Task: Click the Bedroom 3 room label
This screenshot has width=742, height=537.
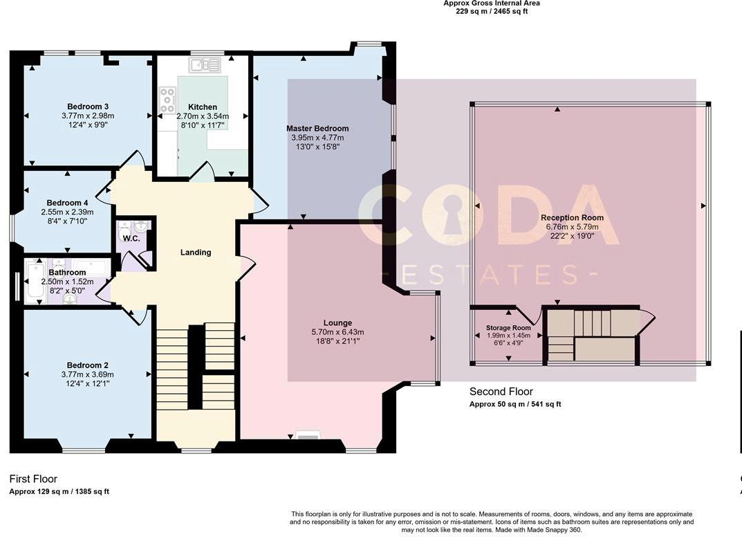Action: (87, 107)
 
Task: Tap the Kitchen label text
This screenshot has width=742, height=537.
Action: (203, 107)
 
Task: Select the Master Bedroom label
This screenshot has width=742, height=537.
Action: (317, 129)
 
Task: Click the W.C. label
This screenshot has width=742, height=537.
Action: (131, 239)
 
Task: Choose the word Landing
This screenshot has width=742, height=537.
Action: (196, 253)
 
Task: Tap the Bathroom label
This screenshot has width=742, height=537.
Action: (67, 273)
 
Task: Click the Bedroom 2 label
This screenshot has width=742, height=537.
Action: (87, 365)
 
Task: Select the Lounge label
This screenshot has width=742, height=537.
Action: (337, 323)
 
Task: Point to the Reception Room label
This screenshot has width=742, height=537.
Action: (572, 218)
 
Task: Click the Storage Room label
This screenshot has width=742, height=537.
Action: (508, 328)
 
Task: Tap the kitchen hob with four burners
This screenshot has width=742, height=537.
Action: (167, 100)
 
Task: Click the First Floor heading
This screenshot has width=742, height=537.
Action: (33, 479)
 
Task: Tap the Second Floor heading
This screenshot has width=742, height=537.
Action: (501, 392)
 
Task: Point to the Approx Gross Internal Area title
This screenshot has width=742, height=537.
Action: (492, 3)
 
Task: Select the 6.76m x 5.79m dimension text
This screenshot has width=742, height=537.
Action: (572, 226)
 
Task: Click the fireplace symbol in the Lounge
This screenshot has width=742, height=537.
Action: (308, 435)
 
